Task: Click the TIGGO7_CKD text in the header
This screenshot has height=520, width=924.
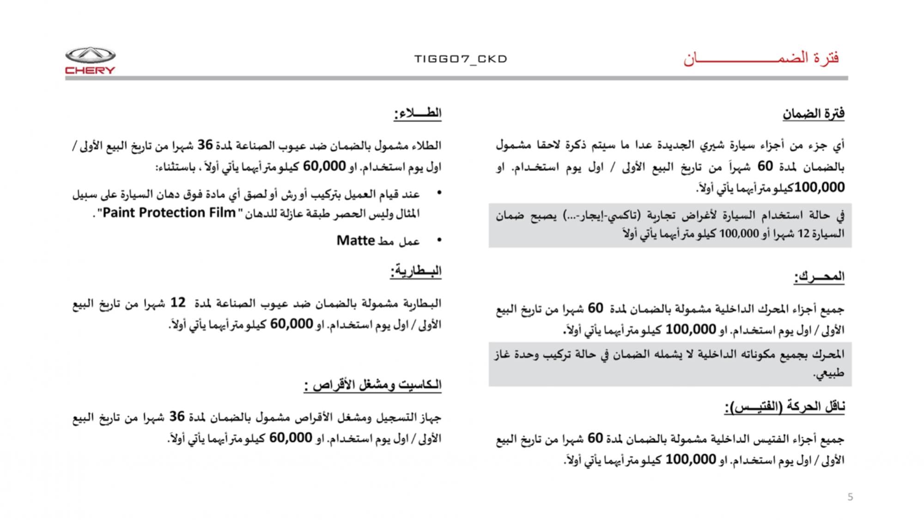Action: [461, 59]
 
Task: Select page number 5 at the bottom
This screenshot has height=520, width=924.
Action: [850, 497]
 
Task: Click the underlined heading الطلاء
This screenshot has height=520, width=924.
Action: [418, 113]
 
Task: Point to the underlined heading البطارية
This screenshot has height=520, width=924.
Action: [416, 271]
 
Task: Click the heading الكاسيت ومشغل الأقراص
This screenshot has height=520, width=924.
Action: [373, 385]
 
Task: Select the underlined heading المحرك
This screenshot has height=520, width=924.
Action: [819, 277]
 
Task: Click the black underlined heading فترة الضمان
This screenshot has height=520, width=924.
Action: [814, 114]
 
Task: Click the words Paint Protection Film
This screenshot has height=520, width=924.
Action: [169, 213]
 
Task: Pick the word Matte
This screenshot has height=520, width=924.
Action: [355, 241]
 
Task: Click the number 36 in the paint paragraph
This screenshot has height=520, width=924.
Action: [205, 145]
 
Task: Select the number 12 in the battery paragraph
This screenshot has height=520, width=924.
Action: [178, 303]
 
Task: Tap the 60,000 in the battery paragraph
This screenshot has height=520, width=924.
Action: [292, 324]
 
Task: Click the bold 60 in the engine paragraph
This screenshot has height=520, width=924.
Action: [596, 308]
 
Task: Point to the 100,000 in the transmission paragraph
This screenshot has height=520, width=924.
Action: [691, 459]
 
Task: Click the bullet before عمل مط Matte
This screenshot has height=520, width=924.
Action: [439, 240]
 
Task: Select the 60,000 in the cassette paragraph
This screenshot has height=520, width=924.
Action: [291, 438]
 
